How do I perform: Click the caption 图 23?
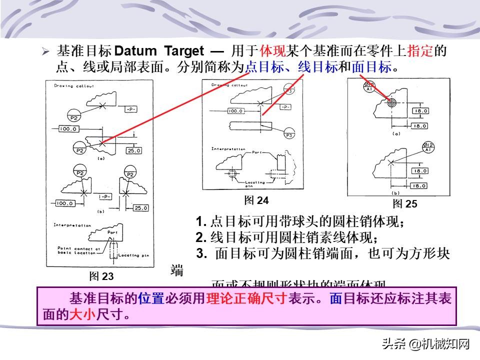pos(101,276)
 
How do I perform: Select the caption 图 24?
pos(256,200)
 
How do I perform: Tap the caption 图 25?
pos(404,203)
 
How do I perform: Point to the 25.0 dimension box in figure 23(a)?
pos(134,150)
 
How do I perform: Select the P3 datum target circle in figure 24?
pos(289,135)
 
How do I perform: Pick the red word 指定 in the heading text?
pos(420,50)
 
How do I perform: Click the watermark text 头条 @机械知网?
pos(426,343)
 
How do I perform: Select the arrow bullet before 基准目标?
pos(45,51)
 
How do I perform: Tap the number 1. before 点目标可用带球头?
pos(200,221)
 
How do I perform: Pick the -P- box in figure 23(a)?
pos(132,108)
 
